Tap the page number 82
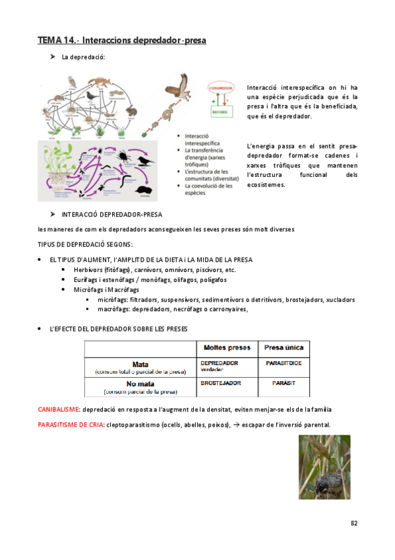pyautogui.click(x=354, y=523)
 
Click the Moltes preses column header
pyautogui.click(x=227, y=347)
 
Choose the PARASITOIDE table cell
pyautogui.click(x=284, y=363)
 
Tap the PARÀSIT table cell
pyautogui.click(x=284, y=382)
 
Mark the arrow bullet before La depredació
pyautogui.click(x=52, y=57)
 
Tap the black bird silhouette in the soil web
pyautogui.click(x=146, y=160)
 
